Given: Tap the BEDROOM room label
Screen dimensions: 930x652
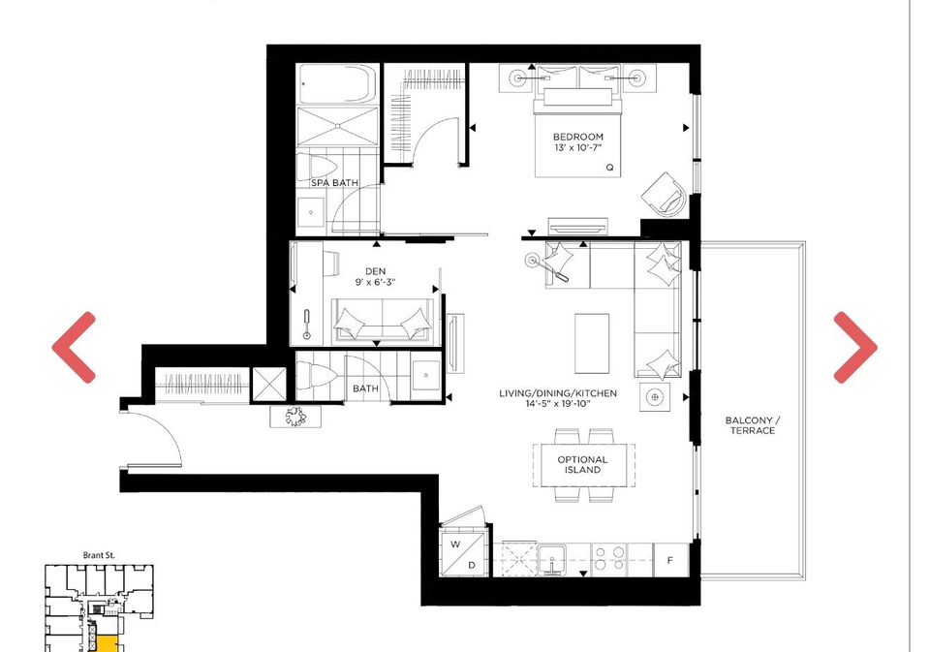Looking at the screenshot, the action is [577, 137].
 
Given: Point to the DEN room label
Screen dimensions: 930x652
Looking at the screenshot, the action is [375, 271].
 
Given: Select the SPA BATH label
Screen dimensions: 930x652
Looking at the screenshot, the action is [334, 183].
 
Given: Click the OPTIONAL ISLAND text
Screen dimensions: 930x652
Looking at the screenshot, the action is [582, 464].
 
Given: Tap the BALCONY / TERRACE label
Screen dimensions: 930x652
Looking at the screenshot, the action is [752, 425].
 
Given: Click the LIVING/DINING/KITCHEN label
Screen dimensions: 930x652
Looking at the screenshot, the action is [558, 392].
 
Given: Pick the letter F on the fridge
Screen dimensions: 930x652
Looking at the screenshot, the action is [670, 560].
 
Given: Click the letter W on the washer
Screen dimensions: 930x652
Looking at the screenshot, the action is [455, 544].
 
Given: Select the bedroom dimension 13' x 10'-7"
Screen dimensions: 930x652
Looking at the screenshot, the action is [578, 147].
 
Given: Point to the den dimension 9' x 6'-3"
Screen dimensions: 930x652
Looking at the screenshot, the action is [375, 282].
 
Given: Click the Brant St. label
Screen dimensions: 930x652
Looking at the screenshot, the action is [99, 555].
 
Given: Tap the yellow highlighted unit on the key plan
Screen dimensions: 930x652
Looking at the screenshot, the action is [107, 643].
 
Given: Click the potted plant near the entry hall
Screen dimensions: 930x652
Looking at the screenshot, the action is [295, 417].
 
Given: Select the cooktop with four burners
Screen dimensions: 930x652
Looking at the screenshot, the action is [609, 559].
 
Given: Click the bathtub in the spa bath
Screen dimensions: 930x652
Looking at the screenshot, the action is [337, 83].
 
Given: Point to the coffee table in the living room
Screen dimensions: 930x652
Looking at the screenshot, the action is [592, 344].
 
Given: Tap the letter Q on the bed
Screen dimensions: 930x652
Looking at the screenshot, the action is [609, 168].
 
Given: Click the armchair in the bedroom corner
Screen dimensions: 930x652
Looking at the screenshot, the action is [665, 195].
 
